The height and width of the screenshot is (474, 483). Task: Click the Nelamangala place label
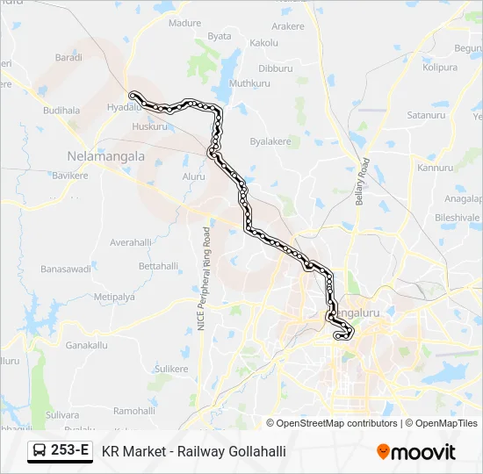point(105,154)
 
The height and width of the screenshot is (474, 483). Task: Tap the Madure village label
point(184,23)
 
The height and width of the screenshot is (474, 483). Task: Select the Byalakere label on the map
point(270,140)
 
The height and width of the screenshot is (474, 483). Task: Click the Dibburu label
point(276,68)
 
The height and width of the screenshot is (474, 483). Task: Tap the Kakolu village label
point(263,42)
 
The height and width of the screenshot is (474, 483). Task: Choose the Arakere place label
point(288,27)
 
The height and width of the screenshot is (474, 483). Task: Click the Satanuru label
point(427,115)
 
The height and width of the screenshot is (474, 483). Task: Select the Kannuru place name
point(435,167)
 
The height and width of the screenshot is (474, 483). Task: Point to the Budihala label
point(61,111)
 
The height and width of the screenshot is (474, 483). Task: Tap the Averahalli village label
point(131,241)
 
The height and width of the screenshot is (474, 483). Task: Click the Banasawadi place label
point(66,269)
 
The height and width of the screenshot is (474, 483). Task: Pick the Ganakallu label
point(86,345)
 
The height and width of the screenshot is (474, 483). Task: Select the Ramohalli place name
point(134,410)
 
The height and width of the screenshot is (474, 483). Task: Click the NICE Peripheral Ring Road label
point(204,278)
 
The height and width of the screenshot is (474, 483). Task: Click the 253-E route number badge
point(61,450)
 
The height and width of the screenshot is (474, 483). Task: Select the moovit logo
point(416,452)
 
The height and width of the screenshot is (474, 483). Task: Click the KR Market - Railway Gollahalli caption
point(194,451)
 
